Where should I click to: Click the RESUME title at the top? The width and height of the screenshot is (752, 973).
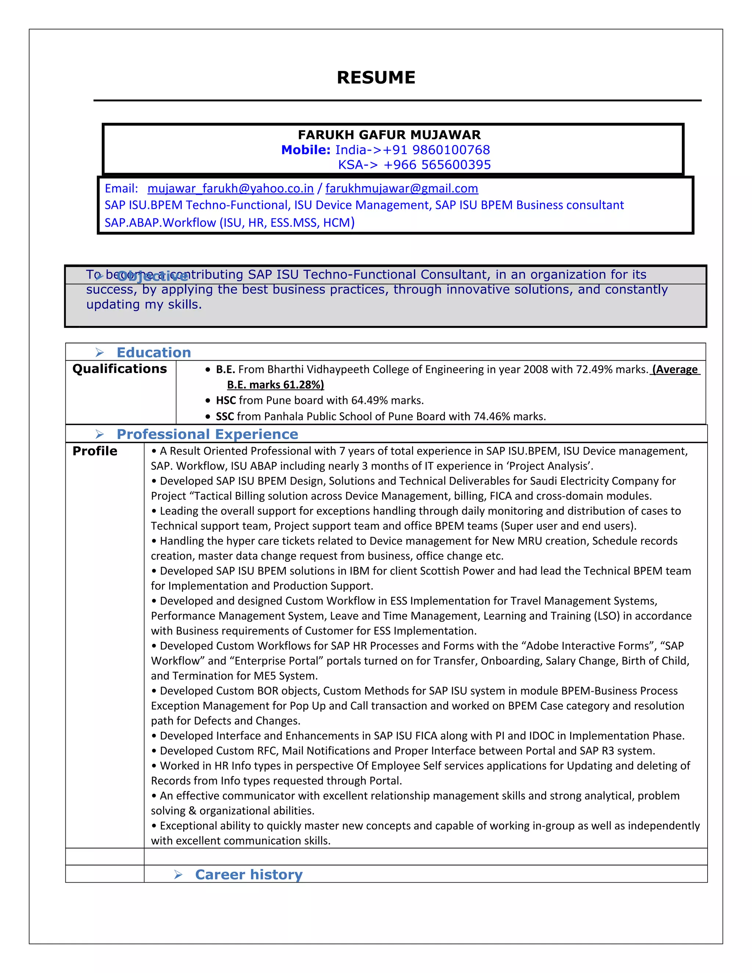(x=376, y=77)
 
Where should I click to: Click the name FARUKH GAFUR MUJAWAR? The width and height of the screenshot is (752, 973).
(x=389, y=134)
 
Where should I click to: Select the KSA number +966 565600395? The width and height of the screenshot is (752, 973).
(x=437, y=165)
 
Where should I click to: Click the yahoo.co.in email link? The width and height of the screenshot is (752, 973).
(x=230, y=188)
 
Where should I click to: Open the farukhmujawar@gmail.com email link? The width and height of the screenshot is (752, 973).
(x=401, y=188)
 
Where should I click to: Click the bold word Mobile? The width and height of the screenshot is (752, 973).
(x=305, y=150)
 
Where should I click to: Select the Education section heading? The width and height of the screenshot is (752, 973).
(x=154, y=352)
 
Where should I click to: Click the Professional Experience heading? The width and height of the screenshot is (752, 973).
(x=207, y=434)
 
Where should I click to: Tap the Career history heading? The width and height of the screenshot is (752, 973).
(x=249, y=875)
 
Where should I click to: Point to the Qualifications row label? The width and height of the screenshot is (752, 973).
(x=119, y=369)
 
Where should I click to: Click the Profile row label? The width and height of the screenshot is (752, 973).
(x=95, y=451)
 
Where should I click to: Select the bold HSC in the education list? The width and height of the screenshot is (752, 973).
(x=225, y=401)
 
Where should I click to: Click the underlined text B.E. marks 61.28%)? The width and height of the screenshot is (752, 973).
(x=275, y=385)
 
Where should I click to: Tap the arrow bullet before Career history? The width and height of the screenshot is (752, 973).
(x=178, y=875)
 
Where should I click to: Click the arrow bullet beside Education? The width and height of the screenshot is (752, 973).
(x=100, y=353)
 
